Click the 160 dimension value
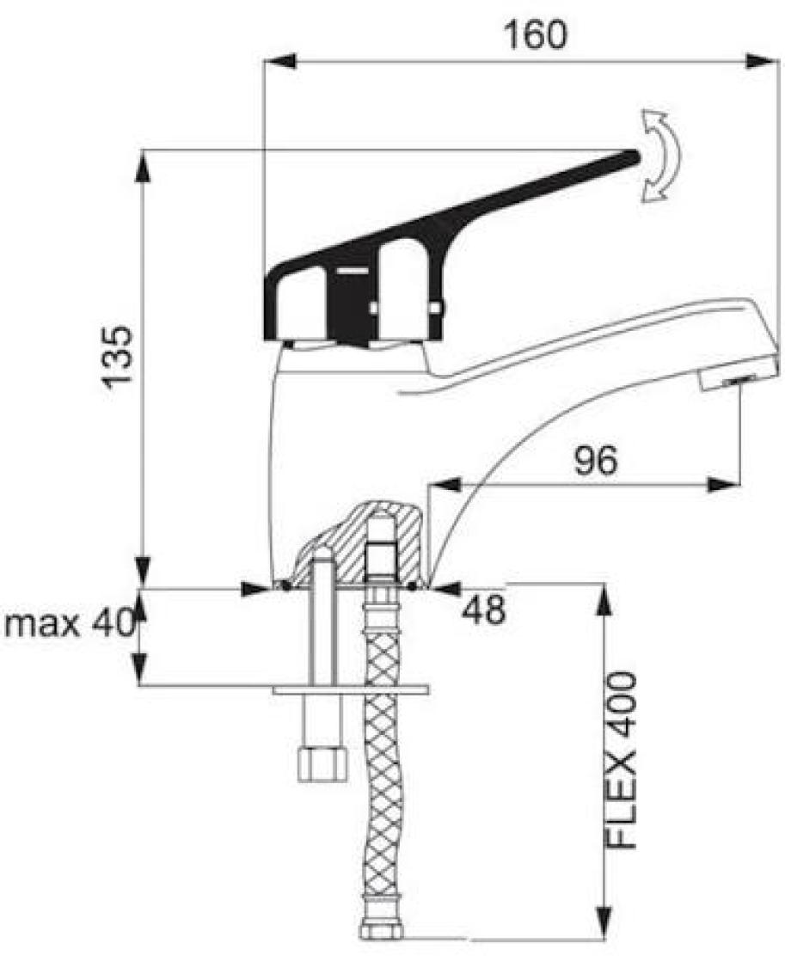click(x=537, y=34)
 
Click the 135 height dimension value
click(x=118, y=357)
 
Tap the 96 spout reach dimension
click(x=596, y=460)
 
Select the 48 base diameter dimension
click(x=483, y=609)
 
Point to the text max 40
click(x=70, y=622)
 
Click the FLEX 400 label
click(x=622, y=761)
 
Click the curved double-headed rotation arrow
click(x=659, y=156)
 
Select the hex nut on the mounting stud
click(x=322, y=763)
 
